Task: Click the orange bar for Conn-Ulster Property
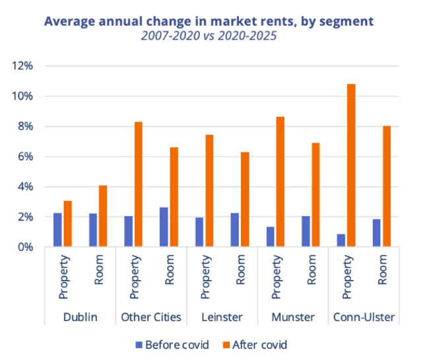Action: [x=351, y=165]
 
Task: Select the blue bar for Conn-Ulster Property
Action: [x=341, y=240]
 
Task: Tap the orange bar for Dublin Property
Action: [x=68, y=224]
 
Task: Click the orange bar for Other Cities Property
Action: [x=139, y=184]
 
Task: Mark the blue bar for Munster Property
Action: [x=270, y=236]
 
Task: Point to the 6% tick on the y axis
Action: [x=25, y=157]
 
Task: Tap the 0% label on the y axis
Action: [x=25, y=247]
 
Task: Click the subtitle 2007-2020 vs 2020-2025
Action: [x=208, y=36]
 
